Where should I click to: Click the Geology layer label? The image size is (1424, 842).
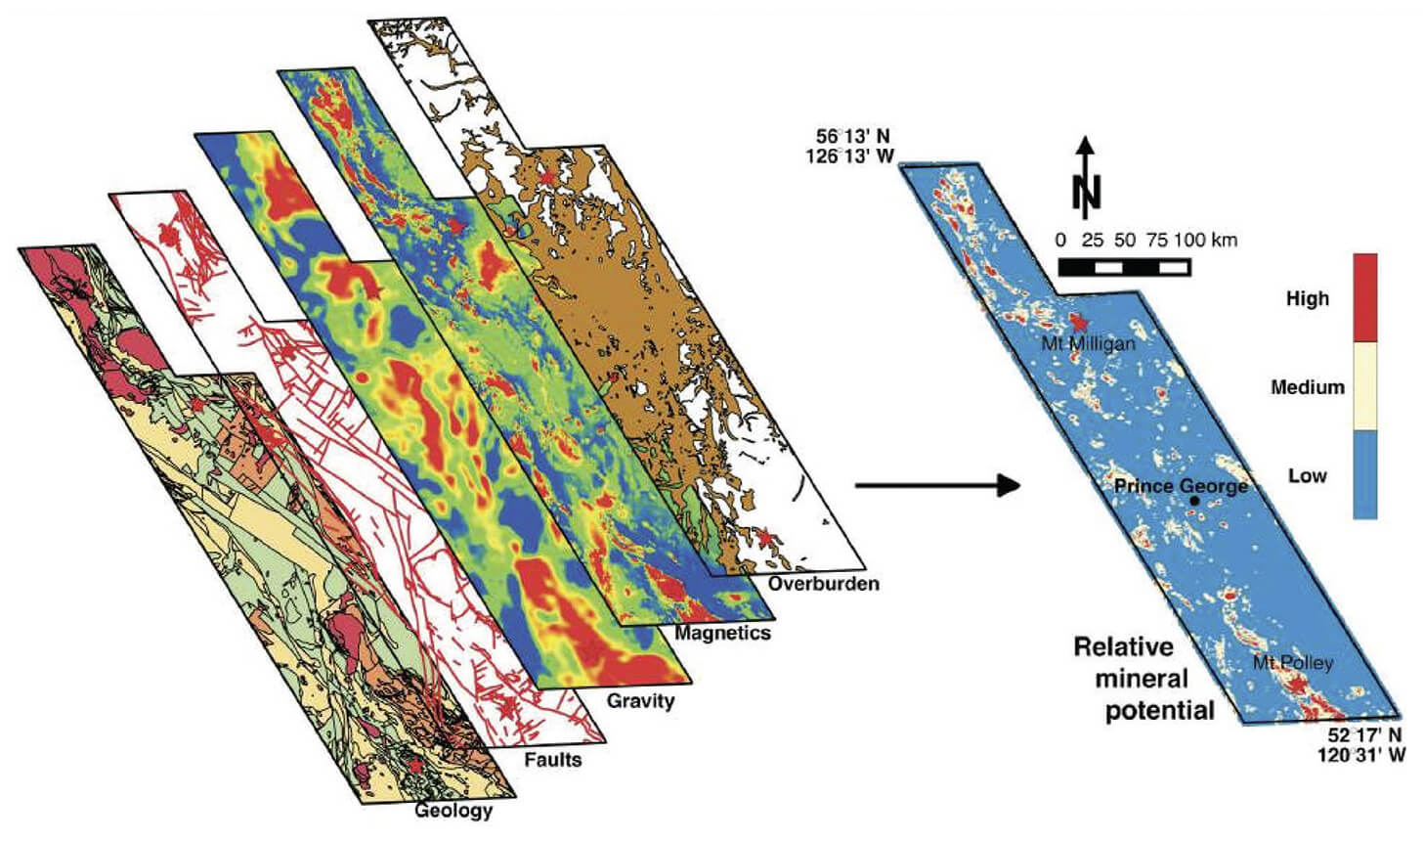(453, 810)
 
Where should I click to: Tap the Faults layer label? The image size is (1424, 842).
(552, 759)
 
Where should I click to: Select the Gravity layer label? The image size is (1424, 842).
(640, 700)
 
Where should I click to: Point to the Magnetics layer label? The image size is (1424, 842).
(722, 633)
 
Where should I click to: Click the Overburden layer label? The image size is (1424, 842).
(823, 584)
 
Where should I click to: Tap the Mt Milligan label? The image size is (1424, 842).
(1088, 343)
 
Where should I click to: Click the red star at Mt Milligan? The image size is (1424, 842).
(1079, 323)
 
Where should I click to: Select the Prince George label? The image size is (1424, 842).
(1181, 486)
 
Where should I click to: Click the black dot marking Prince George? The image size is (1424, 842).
(1194, 501)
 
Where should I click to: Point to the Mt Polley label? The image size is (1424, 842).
(1292, 663)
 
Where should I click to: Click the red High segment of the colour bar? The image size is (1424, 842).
(1364, 297)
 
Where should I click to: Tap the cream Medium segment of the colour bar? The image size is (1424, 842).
(1364, 386)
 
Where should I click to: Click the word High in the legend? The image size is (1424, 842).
(1307, 299)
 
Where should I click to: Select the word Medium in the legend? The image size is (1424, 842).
(1307, 387)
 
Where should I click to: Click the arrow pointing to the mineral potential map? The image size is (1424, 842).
(937, 484)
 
